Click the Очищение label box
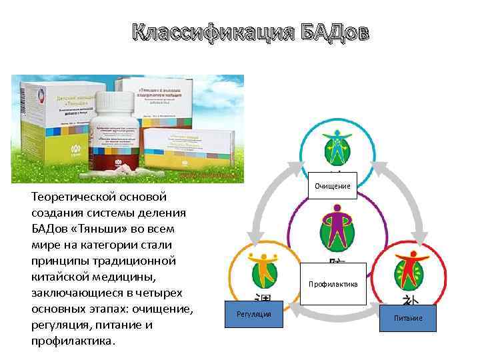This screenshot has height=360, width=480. pos(332,187)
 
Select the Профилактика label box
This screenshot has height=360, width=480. pos(333,284)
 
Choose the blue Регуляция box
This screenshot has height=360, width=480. pos(253,314)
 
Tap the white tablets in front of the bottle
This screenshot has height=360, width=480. pos(120,172)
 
